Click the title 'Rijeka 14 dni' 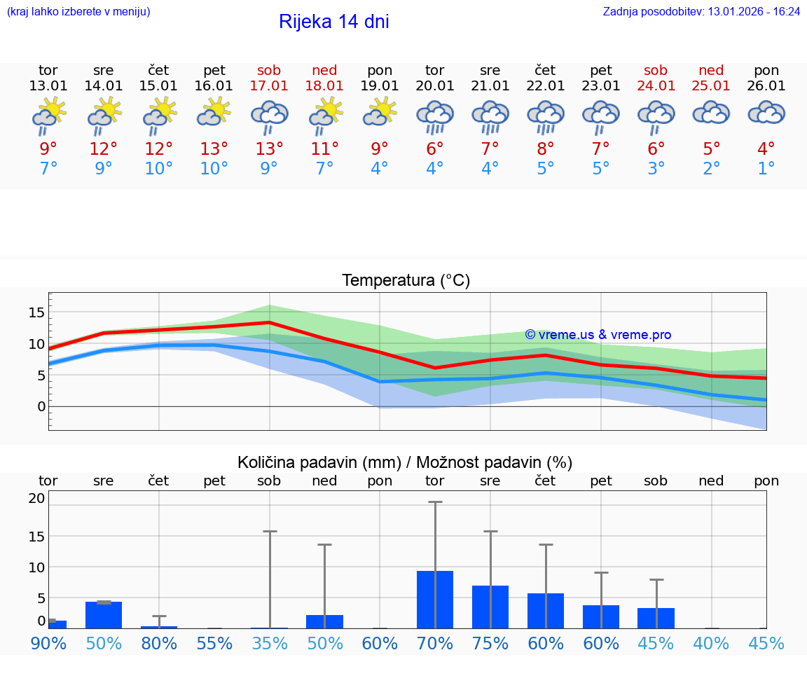click(x=333, y=22)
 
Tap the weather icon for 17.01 click(x=270, y=116)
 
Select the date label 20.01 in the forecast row click(x=435, y=86)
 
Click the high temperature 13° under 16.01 click(x=214, y=149)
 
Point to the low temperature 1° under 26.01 click(x=766, y=169)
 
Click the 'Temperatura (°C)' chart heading click(x=406, y=281)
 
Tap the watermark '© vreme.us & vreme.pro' click(x=598, y=335)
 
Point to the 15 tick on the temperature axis click(x=36, y=312)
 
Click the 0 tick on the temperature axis click(x=41, y=406)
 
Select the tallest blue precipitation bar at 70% click(x=435, y=600)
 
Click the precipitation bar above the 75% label click(x=490, y=607)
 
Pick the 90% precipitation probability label click(x=48, y=643)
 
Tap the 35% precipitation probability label click(x=270, y=643)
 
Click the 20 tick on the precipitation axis click(x=36, y=499)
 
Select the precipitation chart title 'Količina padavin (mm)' click(x=319, y=462)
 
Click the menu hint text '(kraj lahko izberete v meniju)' click(x=78, y=12)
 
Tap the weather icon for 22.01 click(x=546, y=116)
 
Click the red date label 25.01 click(x=711, y=86)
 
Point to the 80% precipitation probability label click(x=159, y=643)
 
